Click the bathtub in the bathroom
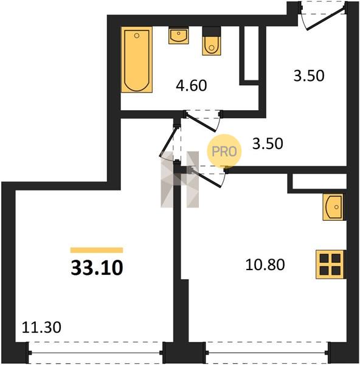137,60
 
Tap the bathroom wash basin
179,36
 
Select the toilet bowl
212,46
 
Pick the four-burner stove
330,264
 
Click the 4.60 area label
192,85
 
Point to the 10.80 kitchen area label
265,265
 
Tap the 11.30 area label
41,327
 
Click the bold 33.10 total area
97,268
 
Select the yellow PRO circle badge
224,151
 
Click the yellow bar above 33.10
97,250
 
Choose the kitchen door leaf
206,178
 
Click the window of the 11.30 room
95,353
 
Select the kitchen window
267,353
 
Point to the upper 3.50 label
309,76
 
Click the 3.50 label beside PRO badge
268,144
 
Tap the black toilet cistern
212,32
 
